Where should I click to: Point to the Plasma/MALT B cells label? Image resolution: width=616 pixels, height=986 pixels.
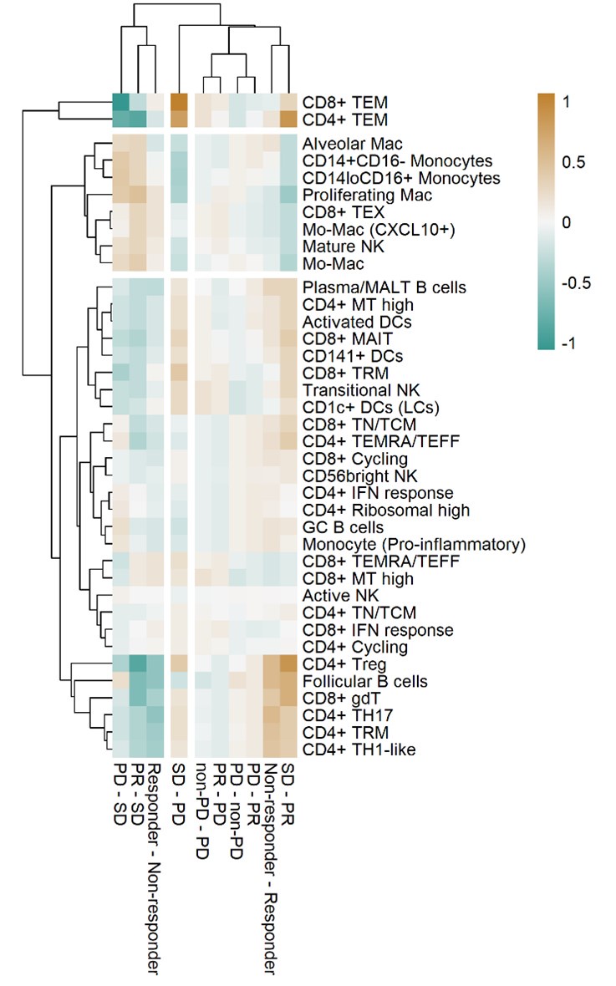pyautogui.click(x=374, y=287)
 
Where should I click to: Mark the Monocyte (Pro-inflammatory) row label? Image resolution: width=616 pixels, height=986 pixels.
pyautogui.click(x=414, y=545)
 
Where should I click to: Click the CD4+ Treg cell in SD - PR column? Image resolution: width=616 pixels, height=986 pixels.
pyautogui.click(x=287, y=664)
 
